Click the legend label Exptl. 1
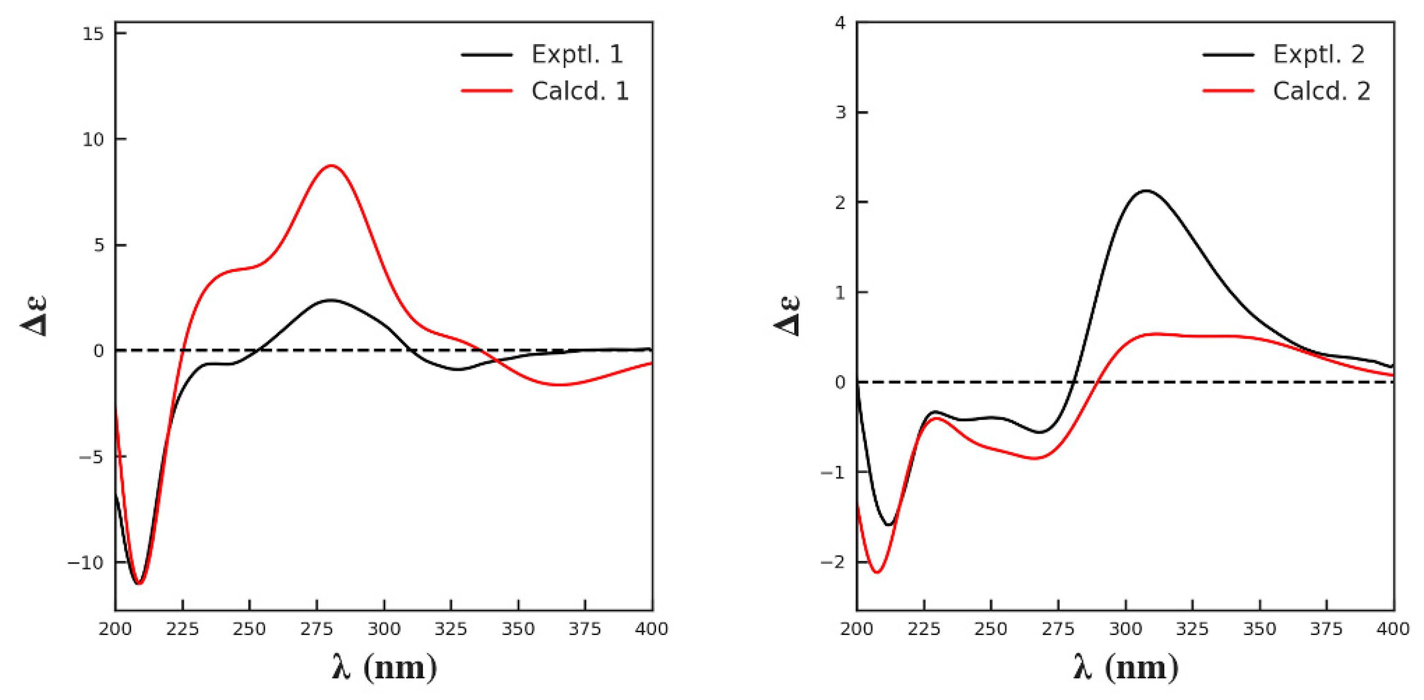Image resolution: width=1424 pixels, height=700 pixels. pos(577,54)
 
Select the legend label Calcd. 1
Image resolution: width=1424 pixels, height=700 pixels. pos(580,91)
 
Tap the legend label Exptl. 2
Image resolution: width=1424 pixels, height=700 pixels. pos(1318,54)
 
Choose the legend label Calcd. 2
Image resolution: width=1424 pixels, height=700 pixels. pos(1321,91)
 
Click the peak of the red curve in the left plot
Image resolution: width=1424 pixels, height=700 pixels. pos(330,165)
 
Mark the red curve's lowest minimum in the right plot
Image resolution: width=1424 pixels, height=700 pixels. pos(877,572)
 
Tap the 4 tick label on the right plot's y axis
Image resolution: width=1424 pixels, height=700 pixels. pos(840,23)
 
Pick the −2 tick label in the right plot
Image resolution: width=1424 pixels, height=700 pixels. pos(833,562)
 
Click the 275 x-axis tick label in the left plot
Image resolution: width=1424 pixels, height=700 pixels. pos(317,629)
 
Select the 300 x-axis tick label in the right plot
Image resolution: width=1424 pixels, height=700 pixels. pos(1126,629)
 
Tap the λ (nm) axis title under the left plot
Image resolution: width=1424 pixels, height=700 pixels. pos(385,667)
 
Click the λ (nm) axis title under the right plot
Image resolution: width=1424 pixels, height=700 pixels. pos(1126,667)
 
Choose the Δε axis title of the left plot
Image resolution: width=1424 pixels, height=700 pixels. pos(34,316)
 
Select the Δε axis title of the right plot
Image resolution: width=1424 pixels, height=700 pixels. pos(786,316)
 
